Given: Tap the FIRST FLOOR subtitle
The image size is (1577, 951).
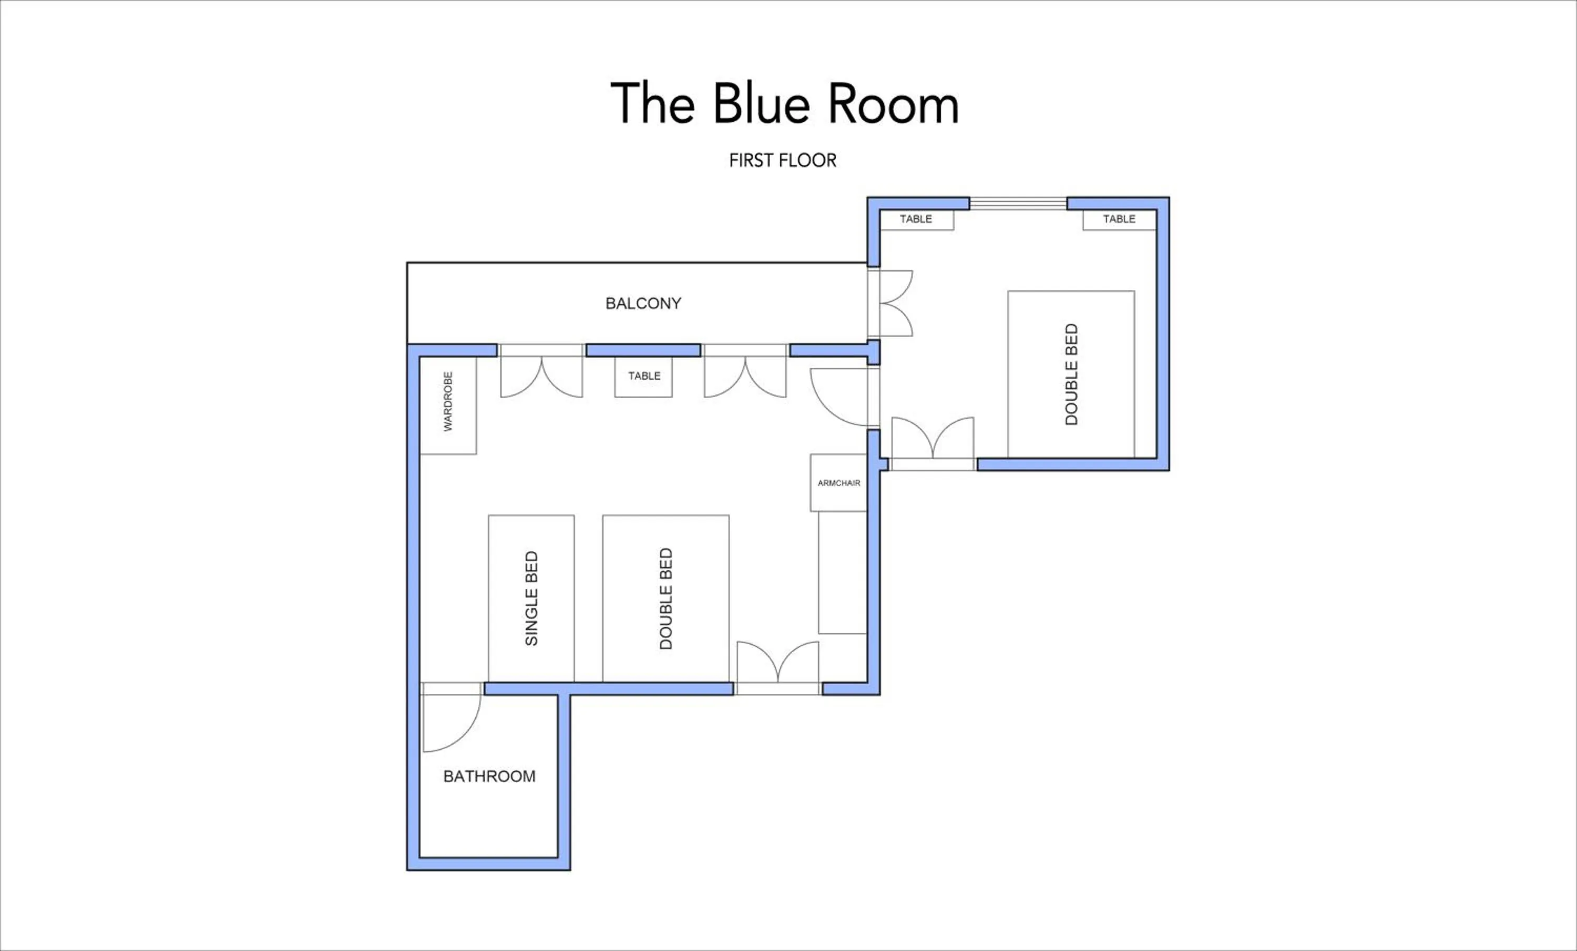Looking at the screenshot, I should [782, 160].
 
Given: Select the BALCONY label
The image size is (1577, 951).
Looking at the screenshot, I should [643, 303].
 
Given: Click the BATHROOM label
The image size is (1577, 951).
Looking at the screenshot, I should [489, 776].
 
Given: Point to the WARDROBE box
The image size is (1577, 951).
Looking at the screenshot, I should [448, 406].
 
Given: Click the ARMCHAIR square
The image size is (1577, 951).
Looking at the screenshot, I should [838, 483].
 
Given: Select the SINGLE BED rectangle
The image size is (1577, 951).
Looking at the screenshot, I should [531, 598].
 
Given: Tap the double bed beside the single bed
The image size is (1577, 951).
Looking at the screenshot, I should [665, 598].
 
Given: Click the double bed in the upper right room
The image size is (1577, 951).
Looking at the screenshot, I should [1071, 375].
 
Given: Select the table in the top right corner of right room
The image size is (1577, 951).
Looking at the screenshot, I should [1119, 220].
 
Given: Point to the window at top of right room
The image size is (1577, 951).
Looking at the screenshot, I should [1018, 204].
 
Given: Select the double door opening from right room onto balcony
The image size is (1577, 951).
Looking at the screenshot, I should [893, 303].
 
